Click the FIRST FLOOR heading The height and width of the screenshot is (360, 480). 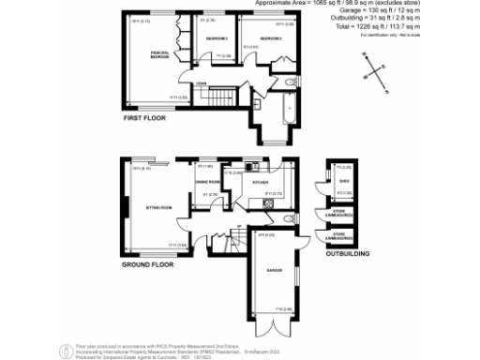(145, 119)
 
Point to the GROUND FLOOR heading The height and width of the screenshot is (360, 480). (149, 265)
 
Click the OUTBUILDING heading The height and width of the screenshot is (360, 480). (345, 253)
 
